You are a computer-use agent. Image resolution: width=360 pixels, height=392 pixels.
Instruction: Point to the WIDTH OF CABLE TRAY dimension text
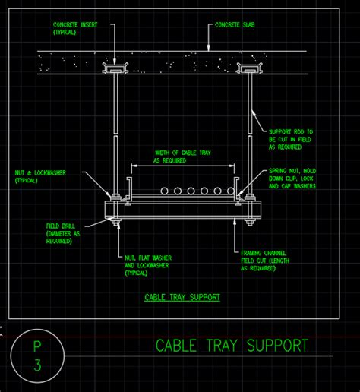182,156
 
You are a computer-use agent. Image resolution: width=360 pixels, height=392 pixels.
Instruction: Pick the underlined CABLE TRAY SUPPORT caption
182,297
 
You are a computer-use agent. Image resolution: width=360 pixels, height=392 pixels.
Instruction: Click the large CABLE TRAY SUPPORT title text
232,346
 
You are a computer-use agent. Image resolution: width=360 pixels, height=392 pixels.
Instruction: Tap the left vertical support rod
114,129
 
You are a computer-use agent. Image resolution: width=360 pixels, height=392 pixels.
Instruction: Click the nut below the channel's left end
114,223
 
